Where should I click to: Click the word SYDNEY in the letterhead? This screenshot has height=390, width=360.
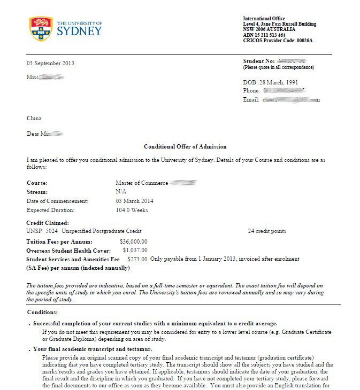[x=79, y=30]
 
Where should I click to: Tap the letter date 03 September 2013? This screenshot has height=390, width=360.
[x=51, y=63]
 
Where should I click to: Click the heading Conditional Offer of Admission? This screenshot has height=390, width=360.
[x=185, y=146]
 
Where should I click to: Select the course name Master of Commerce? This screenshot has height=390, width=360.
[x=142, y=183]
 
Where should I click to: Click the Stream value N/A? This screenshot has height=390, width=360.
[x=121, y=192]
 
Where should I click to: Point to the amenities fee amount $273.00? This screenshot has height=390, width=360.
[x=137, y=259]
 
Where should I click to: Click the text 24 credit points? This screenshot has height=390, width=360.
[x=267, y=231]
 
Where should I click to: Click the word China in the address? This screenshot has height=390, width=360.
[x=34, y=118]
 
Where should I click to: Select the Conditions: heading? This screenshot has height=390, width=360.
[x=42, y=312]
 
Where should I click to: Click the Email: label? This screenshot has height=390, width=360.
[x=251, y=99]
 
